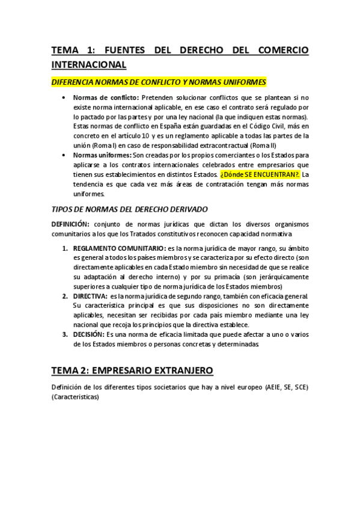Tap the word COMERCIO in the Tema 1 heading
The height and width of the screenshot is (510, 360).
pos(273,50)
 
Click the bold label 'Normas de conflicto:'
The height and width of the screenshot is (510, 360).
pos(106,97)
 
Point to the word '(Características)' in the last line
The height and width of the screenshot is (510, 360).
pos(76,398)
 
